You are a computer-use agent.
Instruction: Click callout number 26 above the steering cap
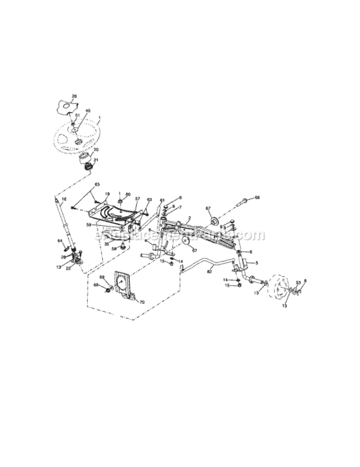coord(75,96)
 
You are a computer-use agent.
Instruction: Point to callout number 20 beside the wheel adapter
coord(95,149)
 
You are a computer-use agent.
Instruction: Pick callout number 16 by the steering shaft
coord(63,199)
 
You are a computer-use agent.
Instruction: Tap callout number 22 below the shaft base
coord(68,268)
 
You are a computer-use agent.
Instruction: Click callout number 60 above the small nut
coord(128,194)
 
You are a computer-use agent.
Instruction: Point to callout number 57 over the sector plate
coord(138,200)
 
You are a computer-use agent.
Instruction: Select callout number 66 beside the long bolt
coord(257,198)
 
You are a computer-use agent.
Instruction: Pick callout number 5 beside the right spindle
coord(257,263)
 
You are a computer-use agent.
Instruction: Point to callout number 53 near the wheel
coord(298,282)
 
